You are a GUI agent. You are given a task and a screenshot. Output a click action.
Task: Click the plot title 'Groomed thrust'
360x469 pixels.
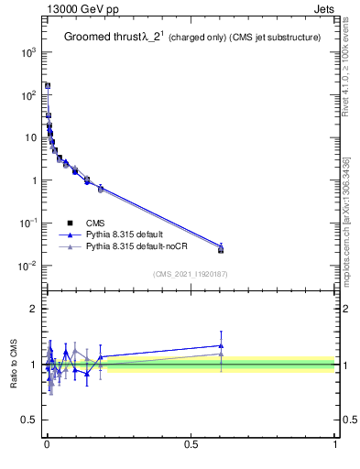(x=102, y=38)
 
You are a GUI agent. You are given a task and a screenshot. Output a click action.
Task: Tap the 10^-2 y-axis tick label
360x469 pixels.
(x=25, y=267)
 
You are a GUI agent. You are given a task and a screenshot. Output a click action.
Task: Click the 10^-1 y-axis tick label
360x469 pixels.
(x=25, y=224)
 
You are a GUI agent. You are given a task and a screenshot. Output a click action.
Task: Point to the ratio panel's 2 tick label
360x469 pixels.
(x=31, y=309)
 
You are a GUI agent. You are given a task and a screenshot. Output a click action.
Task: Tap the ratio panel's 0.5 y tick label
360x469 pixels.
(x=27, y=420)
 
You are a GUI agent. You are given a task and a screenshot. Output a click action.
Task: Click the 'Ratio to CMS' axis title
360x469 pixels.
(x=14, y=365)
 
